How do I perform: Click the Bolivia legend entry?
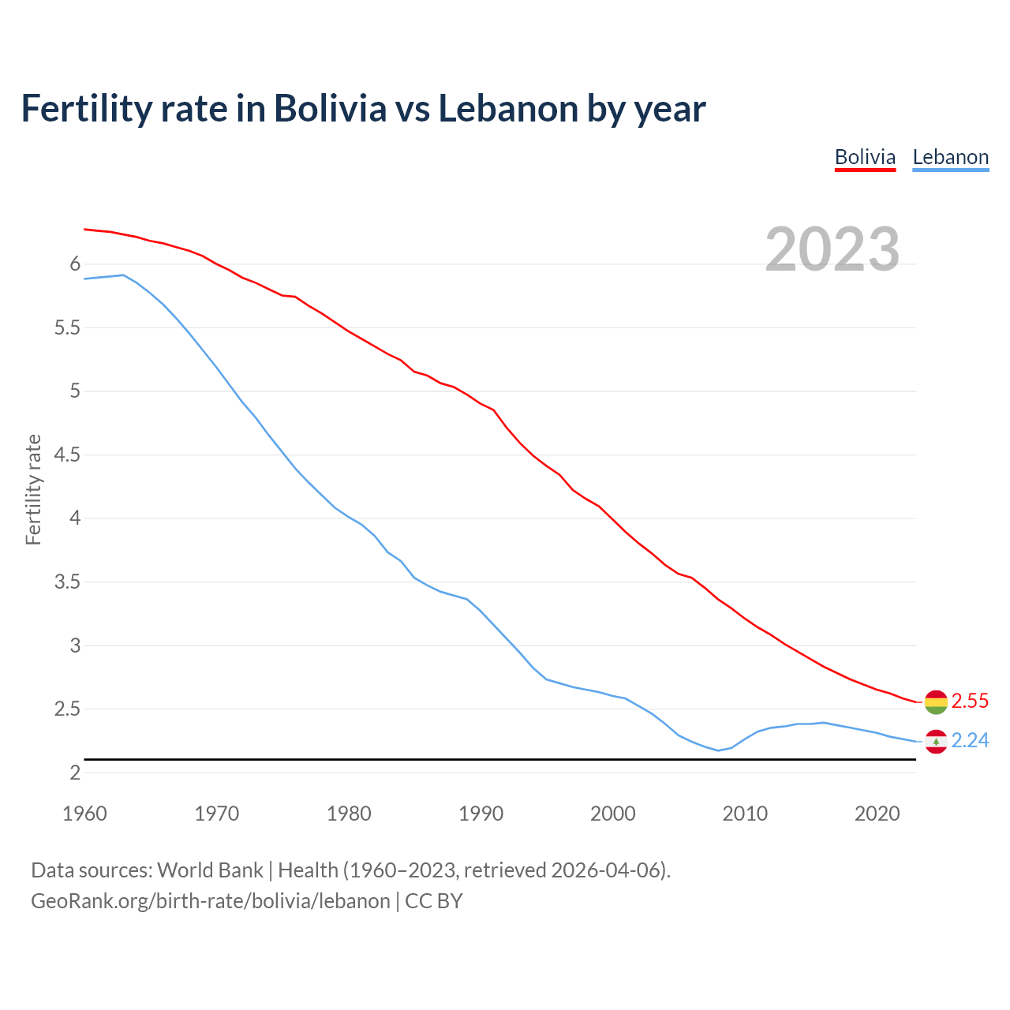point(865,157)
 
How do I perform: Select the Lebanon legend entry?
point(950,157)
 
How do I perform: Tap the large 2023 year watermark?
point(832,249)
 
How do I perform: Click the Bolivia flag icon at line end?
point(936,701)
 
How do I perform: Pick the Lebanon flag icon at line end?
point(936,742)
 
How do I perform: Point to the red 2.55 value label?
point(970,701)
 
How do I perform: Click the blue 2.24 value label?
point(970,741)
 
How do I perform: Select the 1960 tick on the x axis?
point(84,814)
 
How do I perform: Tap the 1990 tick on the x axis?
point(481,814)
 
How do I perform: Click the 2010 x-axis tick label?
point(745,814)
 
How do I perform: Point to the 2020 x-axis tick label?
point(877,814)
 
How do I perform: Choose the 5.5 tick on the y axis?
point(67,327)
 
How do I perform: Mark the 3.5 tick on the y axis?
point(67,582)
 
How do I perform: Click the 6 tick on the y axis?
point(76,264)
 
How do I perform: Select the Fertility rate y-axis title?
point(33,489)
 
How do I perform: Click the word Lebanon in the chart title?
point(508,109)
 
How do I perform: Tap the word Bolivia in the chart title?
point(331,109)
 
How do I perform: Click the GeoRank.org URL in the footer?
point(211,901)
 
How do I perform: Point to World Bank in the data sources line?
point(210,870)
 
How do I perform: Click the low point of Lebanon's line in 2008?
point(718,750)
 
